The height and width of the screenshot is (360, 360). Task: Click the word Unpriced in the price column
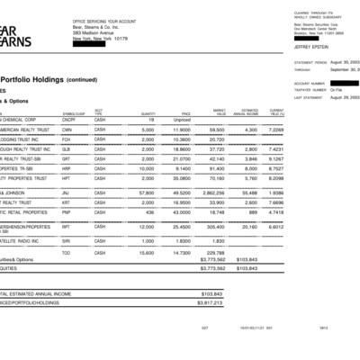pyautogui.click(x=183, y=119)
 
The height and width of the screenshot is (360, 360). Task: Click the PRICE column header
pyautogui.click(x=186, y=112)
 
